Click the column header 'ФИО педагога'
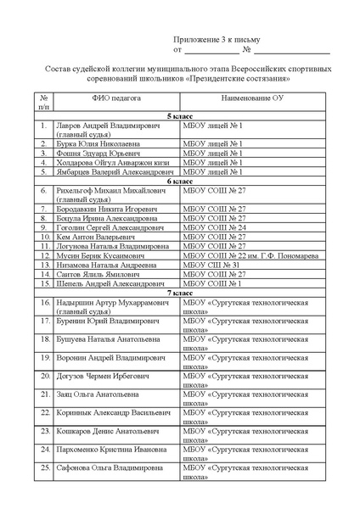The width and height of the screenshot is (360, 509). pos(111,99)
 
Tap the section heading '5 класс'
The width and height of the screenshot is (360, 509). pos(179,114)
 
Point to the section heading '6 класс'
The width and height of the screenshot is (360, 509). pos(179,181)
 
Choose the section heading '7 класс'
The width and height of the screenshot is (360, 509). pos(179,292)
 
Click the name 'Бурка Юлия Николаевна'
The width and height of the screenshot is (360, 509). pos(97,143)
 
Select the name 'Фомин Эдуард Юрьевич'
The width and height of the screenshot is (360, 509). pos(95,153)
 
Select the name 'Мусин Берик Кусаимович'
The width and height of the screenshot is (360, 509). pos(100,255)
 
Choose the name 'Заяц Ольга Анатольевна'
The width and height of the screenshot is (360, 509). pos(98,394)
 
